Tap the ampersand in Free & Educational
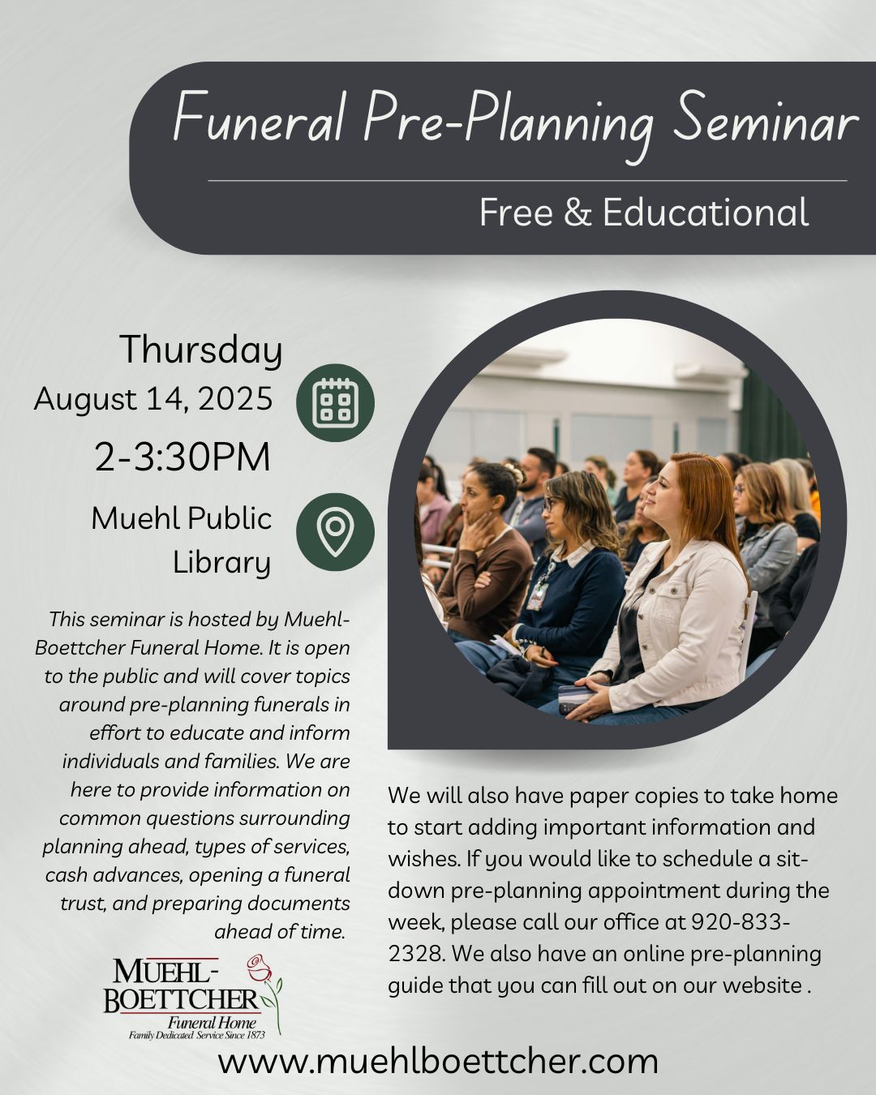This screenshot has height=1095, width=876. click(x=578, y=213)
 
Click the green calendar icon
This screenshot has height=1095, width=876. click(x=335, y=402)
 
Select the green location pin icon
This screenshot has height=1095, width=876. click(x=335, y=532)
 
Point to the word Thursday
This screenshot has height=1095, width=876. click(x=201, y=350)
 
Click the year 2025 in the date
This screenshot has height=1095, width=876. click(x=235, y=398)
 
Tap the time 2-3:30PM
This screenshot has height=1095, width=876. click(x=182, y=457)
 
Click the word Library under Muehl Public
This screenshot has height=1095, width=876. click(x=221, y=563)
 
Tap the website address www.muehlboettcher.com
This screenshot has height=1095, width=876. click(x=438, y=1062)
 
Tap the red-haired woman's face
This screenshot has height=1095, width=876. click(x=664, y=495)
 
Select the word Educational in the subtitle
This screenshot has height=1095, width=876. click(x=706, y=213)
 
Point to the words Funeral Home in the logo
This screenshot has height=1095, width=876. click(x=212, y=1022)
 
